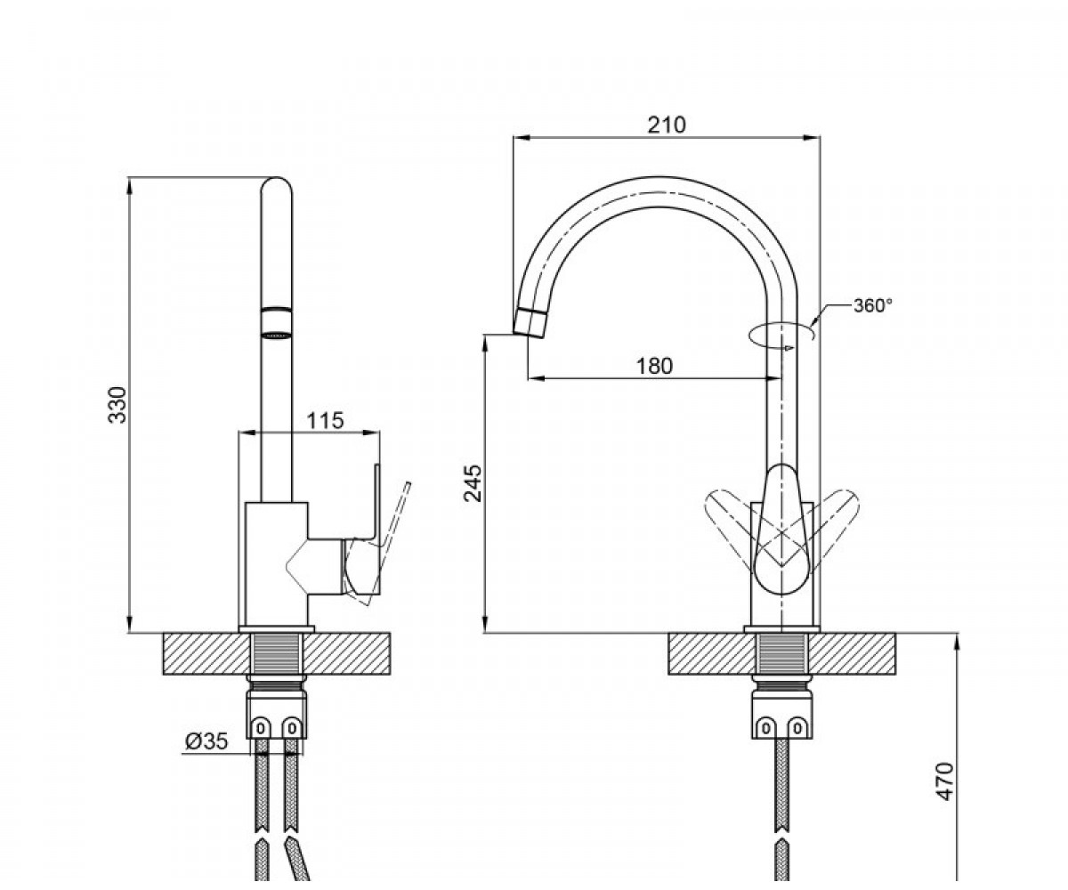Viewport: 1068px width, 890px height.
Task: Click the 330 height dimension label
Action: pyautogui.click(x=118, y=405)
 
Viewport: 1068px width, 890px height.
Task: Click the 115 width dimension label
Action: pyautogui.click(x=326, y=420)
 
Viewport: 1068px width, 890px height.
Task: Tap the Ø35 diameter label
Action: pyautogui.click(x=206, y=741)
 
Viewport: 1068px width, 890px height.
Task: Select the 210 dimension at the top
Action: pyautogui.click(x=667, y=125)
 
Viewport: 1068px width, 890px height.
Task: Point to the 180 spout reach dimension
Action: pyautogui.click(x=654, y=366)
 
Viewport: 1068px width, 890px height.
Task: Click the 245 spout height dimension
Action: pyautogui.click(x=473, y=483)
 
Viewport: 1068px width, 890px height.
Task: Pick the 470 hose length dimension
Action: pyautogui.click(x=945, y=781)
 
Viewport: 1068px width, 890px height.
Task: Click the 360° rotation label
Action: pyautogui.click(x=872, y=305)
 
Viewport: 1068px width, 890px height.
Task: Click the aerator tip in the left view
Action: pyautogui.click(x=276, y=323)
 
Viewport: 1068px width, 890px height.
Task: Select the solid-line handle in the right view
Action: pyautogui.click(x=782, y=530)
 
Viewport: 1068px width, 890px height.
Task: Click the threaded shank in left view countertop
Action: pyautogui.click(x=276, y=654)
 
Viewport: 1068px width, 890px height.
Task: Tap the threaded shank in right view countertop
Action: pyautogui.click(x=781, y=654)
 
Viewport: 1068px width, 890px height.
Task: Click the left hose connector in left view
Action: pyautogui.click(x=261, y=726)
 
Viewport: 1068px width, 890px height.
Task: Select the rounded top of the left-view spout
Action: pyautogui.click(x=276, y=186)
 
